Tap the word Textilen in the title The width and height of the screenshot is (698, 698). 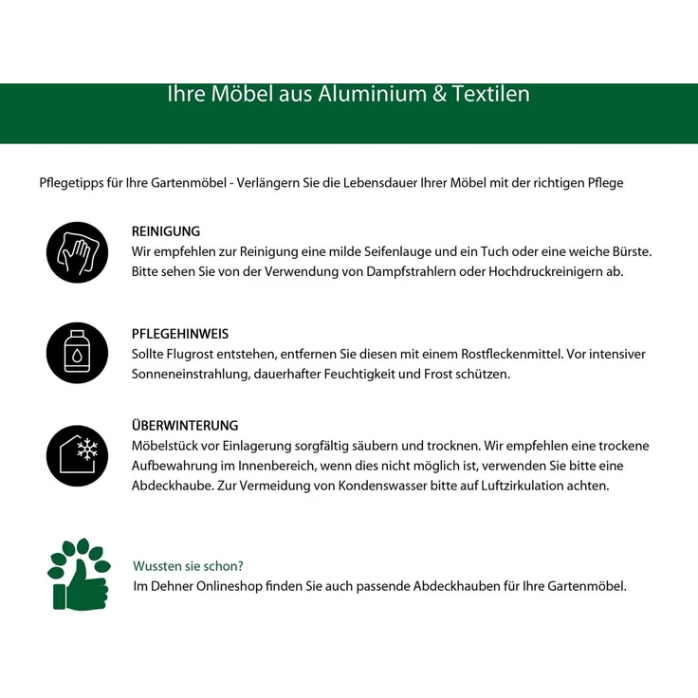[x=491, y=94]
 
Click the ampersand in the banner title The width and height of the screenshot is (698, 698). [x=439, y=94]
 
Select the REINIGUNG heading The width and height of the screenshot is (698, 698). [x=166, y=231]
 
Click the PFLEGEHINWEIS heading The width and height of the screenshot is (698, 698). [x=180, y=334]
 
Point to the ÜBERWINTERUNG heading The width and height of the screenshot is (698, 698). [x=185, y=426]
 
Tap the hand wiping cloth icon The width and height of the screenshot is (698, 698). [x=77, y=252]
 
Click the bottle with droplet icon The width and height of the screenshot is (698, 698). [x=77, y=353]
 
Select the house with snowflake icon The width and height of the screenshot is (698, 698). [x=77, y=455]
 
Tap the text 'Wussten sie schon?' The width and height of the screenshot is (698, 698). [x=189, y=566]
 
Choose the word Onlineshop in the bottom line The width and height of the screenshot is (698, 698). [x=231, y=586]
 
